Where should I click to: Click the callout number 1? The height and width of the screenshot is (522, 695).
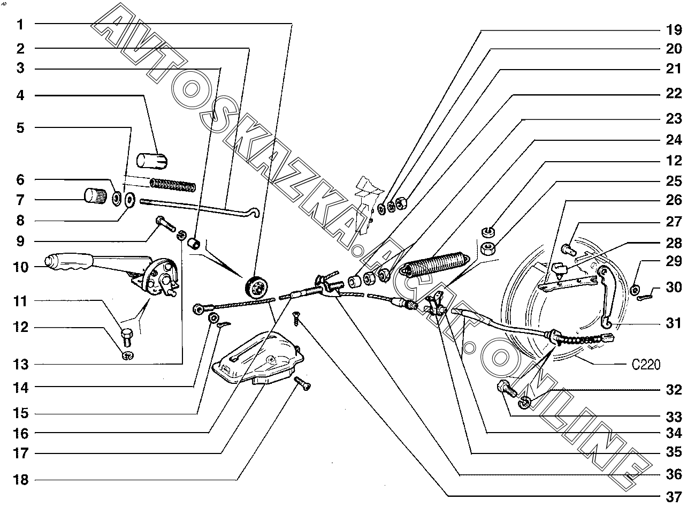point(20,24)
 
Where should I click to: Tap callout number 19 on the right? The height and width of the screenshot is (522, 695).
point(674,29)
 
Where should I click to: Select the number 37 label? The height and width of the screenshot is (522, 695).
point(674,497)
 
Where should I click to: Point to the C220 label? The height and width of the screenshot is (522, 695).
point(646,365)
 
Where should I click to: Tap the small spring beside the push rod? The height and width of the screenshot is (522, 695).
point(172,185)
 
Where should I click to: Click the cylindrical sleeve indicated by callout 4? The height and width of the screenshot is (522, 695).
point(153,160)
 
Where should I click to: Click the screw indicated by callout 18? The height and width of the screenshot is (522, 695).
point(303,383)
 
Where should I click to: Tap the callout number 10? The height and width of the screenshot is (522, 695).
point(20,267)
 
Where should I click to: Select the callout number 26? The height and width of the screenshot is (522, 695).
point(674,200)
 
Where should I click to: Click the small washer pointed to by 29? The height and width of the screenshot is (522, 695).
point(635,290)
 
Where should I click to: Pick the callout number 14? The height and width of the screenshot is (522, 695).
point(20,387)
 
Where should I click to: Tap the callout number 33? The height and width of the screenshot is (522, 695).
point(674,417)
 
